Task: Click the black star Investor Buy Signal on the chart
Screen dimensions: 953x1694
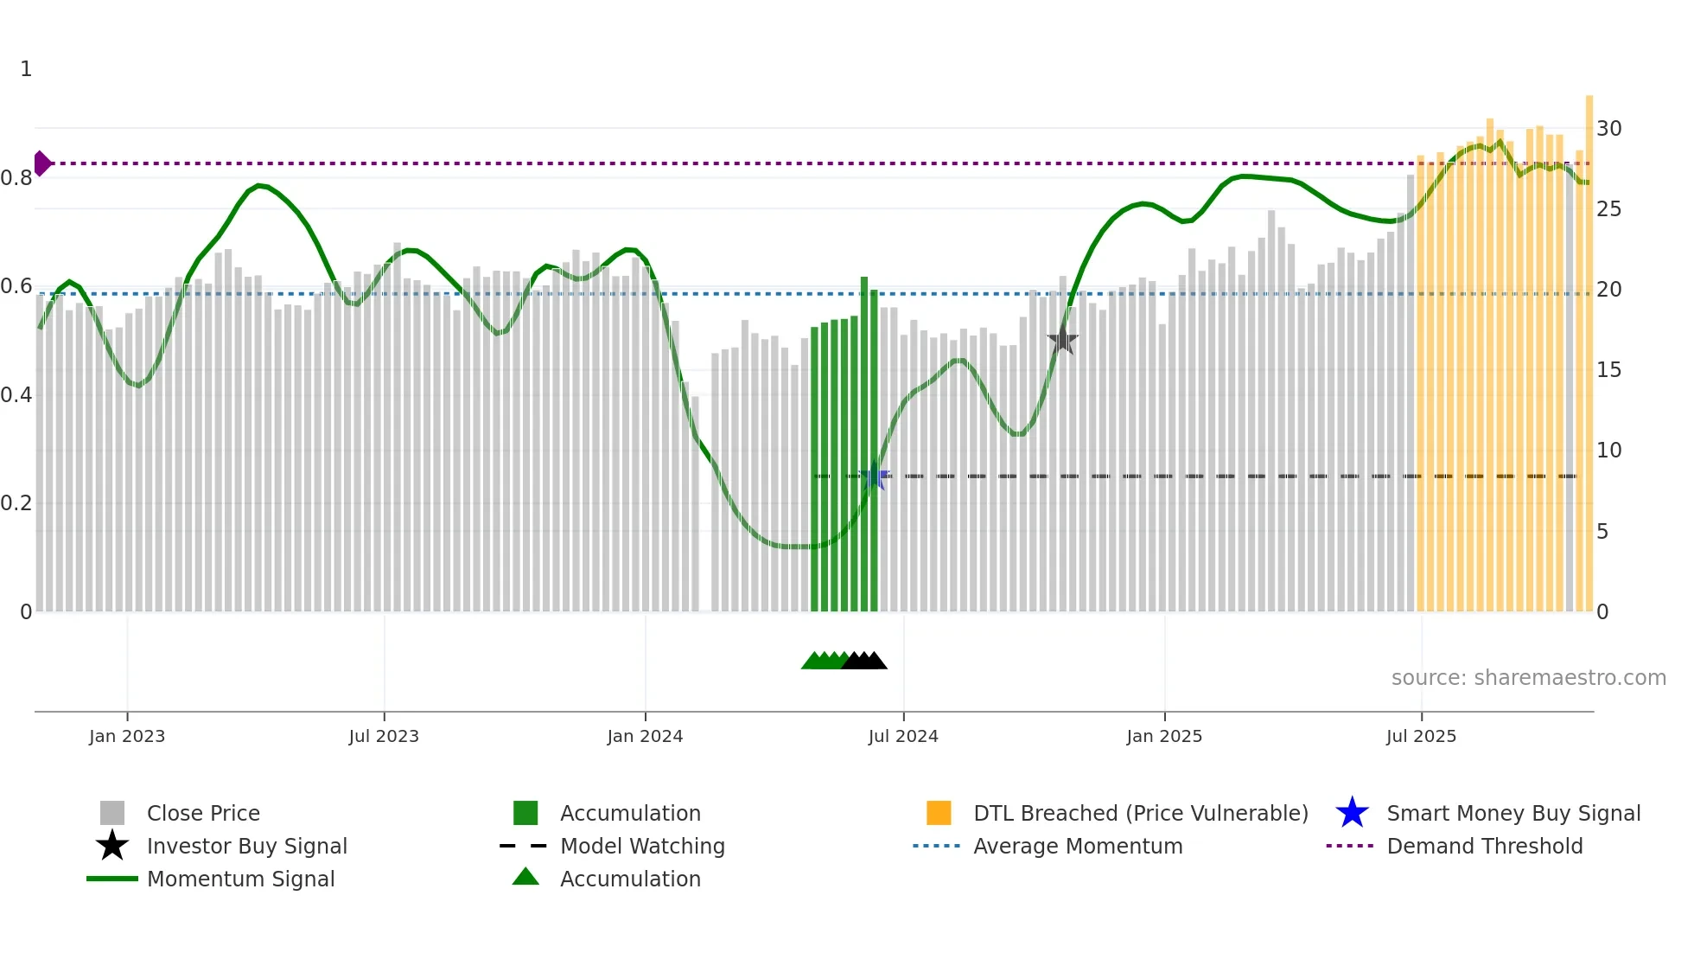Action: pyautogui.click(x=1062, y=341)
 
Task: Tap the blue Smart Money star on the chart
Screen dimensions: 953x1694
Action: pyautogui.click(x=875, y=476)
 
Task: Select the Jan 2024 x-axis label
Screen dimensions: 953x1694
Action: pyautogui.click(x=645, y=736)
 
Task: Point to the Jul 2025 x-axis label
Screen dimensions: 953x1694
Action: pyautogui.click(x=1421, y=736)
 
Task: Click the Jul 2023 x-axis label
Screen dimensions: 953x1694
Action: pyautogui.click(x=384, y=736)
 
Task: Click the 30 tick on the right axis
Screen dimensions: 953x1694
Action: pyautogui.click(x=1608, y=129)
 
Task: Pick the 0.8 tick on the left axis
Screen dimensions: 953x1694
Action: pyautogui.click(x=16, y=178)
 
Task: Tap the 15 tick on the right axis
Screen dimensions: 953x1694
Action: pyautogui.click(x=1608, y=370)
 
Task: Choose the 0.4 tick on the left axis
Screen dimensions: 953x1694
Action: pyautogui.click(x=16, y=395)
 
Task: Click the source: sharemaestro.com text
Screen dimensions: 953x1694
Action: pyautogui.click(x=1528, y=678)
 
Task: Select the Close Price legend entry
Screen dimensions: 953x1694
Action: pyautogui.click(x=203, y=813)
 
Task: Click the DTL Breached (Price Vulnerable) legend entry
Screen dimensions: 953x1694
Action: pyautogui.click(x=1140, y=813)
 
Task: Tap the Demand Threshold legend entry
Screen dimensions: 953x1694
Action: pyautogui.click(x=1484, y=846)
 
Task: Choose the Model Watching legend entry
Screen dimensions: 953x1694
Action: pyautogui.click(x=642, y=846)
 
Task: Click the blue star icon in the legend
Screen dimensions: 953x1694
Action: pyautogui.click(x=1352, y=813)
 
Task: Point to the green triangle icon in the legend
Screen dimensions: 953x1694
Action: pyautogui.click(x=525, y=877)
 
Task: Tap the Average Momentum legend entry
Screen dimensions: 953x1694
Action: pyautogui.click(x=1077, y=846)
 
